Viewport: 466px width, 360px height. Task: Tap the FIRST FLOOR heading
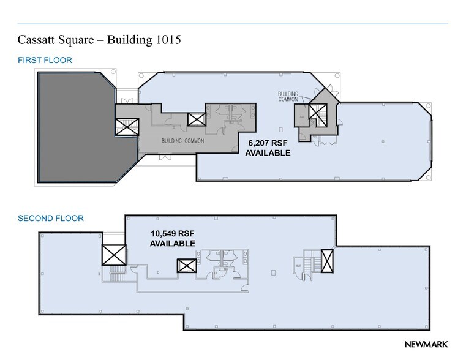[45, 60]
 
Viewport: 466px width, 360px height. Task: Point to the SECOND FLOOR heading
[51, 218]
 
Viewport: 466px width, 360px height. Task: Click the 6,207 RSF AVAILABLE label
[268, 148]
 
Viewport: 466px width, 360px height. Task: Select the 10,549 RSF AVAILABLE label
[173, 238]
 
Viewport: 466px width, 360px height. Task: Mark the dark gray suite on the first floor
[73, 129]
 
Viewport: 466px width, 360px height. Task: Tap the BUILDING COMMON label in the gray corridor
[182, 141]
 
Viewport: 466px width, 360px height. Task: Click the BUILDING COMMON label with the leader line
[288, 97]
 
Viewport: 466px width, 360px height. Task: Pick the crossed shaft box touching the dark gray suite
[127, 127]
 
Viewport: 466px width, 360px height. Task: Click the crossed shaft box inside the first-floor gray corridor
[197, 119]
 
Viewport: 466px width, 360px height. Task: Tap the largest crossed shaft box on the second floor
[114, 255]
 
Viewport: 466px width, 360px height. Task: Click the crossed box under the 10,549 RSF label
[186, 266]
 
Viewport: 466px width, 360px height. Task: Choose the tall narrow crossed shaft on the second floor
[327, 261]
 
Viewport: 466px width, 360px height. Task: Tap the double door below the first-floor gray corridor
[165, 157]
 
